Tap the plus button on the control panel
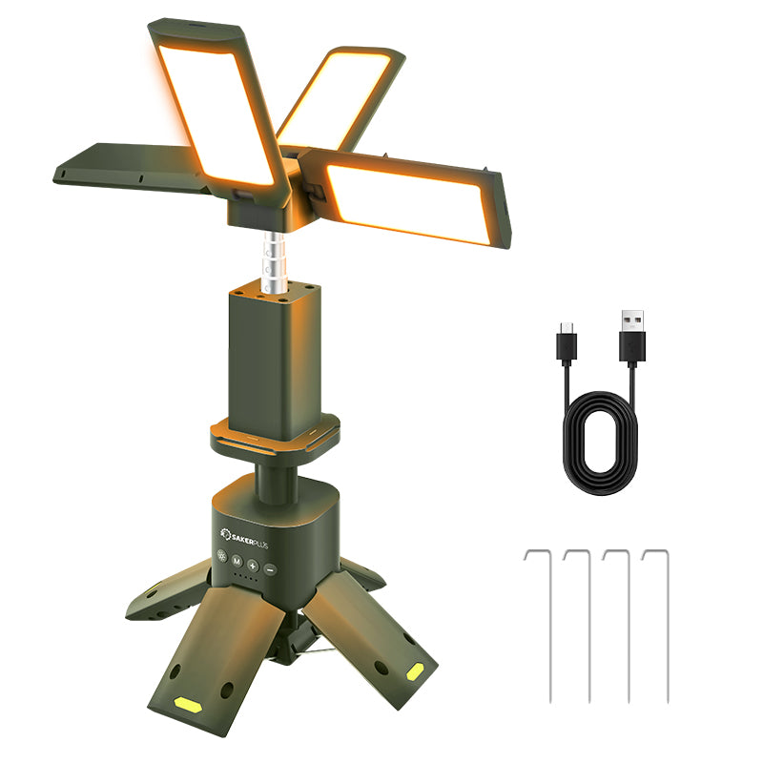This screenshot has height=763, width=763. point(253,565)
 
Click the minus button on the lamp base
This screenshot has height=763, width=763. point(270,568)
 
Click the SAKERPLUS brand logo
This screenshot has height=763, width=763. point(244,538)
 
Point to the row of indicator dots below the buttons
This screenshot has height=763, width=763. point(245,577)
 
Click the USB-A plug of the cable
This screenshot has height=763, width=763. point(632,336)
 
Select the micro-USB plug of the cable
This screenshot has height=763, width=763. point(567,340)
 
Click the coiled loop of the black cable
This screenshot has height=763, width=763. point(600,442)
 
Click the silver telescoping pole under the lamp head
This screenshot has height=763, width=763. point(273,262)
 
